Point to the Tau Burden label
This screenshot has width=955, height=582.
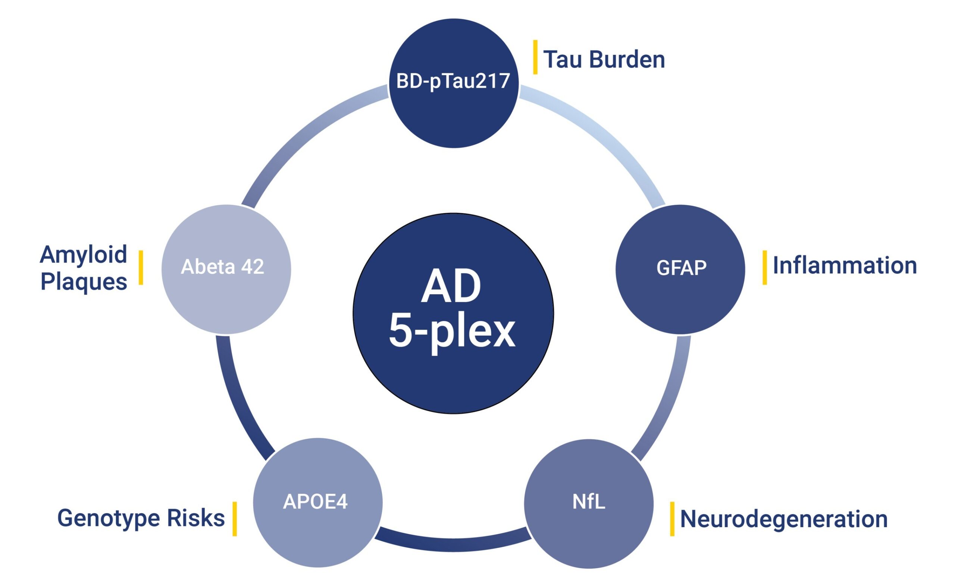[604, 60]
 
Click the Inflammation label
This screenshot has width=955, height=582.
[845, 266]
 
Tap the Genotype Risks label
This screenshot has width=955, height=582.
[141, 518]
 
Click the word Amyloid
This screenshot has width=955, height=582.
[84, 255]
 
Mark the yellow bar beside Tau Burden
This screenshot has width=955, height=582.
[535, 57]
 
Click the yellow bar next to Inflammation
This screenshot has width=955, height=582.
[765, 267]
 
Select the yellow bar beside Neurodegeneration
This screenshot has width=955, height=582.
[672, 519]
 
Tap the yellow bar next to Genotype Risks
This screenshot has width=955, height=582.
[235, 519]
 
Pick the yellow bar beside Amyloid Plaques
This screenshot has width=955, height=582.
[141, 267]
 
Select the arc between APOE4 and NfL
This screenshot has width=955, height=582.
[453, 544]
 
